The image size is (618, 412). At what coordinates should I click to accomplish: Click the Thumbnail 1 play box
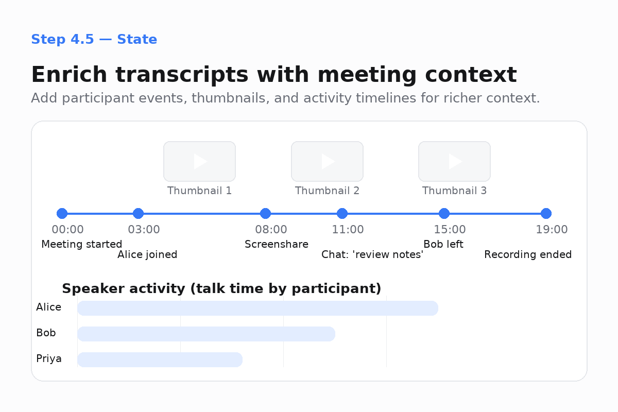[199, 161]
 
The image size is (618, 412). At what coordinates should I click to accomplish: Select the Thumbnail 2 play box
[327, 161]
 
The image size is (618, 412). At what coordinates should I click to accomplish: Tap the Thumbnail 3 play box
[454, 161]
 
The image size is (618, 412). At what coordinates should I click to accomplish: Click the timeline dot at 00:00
[62, 213]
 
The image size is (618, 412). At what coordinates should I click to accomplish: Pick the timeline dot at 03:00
[138, 213]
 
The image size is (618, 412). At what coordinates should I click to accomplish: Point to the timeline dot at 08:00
[265, 213]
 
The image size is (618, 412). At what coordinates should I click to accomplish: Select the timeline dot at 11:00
[342, 213]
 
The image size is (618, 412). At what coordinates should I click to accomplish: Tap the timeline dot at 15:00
[444, 213]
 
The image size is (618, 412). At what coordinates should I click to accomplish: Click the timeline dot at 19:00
[546, 213]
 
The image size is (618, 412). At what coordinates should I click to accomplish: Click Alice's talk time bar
[257, 308]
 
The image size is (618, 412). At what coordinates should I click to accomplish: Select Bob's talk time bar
[206, 334]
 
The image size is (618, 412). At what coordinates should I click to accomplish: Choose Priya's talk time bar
[160, 359]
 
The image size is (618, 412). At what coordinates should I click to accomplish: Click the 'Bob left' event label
[443, 244]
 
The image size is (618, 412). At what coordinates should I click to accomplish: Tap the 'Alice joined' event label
[147, 254]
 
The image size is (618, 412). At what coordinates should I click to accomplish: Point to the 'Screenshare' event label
[277, 244]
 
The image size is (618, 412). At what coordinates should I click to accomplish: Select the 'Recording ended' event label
[528, 254]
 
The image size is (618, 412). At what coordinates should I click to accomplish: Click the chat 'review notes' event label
[372, 254]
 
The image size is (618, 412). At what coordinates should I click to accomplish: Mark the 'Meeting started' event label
[81, 244]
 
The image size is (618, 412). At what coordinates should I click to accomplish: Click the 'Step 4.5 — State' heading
[94, 39]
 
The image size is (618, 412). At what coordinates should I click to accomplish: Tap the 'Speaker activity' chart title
[221, 288]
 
